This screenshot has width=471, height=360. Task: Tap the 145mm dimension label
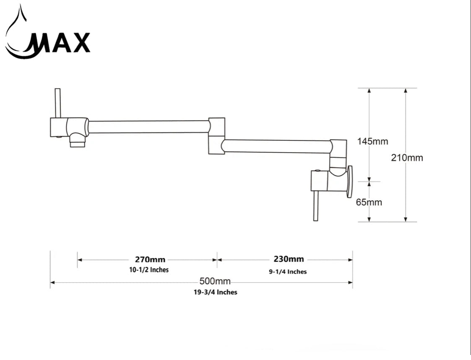click(x=372, y=141)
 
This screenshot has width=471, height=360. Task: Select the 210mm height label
click(x=407, y=158)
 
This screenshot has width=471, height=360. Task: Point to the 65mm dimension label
click(x=369, y=202)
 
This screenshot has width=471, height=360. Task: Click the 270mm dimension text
click(x=150, y=259)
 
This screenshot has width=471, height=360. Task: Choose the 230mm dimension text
click(x=289, y=259)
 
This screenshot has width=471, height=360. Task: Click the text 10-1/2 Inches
click(x=149, y=270)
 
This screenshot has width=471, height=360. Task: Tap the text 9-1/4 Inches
click(x=288, y=272)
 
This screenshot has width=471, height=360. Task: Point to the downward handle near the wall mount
click(x=316, y=205)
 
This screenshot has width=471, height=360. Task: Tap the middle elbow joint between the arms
click(x=216, y=135)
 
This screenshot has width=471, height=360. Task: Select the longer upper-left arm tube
click(x=148, y=127)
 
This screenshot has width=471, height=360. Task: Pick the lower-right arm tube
click(x=277, y=146)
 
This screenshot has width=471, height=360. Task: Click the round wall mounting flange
click(x=349, y=181)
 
